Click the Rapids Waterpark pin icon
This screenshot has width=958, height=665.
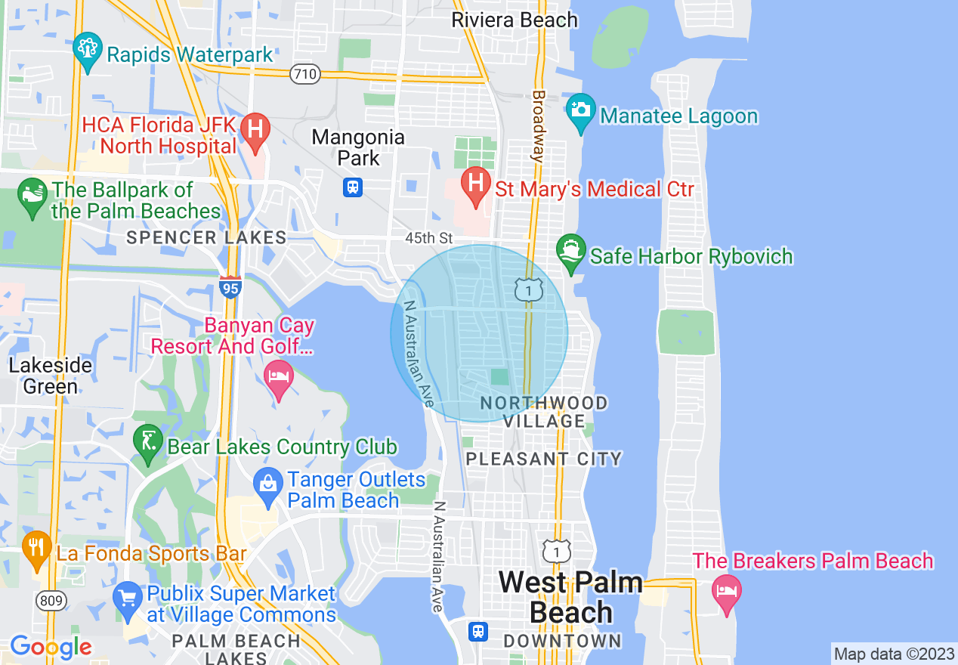click(x=88, y=50)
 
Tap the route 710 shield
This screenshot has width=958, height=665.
click(x=304, y=74)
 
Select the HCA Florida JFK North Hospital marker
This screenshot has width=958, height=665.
click(x=256, y=130)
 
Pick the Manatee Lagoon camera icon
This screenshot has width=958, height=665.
click(x=580, y=111)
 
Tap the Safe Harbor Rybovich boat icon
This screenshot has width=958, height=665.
click(x=570, y=251)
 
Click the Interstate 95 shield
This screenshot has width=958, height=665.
click(x=230, y=287)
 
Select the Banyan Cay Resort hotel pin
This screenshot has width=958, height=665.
click(x=279, y=378)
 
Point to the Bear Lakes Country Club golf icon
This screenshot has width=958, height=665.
click(x=147, y=441)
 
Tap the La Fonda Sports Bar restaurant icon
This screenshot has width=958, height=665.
click(x=36, y=549)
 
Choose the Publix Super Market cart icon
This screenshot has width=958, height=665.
click(x=127, y=598)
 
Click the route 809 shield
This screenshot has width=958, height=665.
click(x=50, y=601)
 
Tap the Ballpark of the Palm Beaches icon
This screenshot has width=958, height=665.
click(x=32, y=197)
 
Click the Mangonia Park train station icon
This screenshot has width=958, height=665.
click(x=353, y=187)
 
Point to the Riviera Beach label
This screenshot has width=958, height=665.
click(x=514, y=20)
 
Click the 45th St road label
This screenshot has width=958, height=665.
click(x=428, y=238)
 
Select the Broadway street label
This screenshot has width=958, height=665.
click(x=538, y=126)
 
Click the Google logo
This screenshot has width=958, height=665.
click(x=51, y=648)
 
